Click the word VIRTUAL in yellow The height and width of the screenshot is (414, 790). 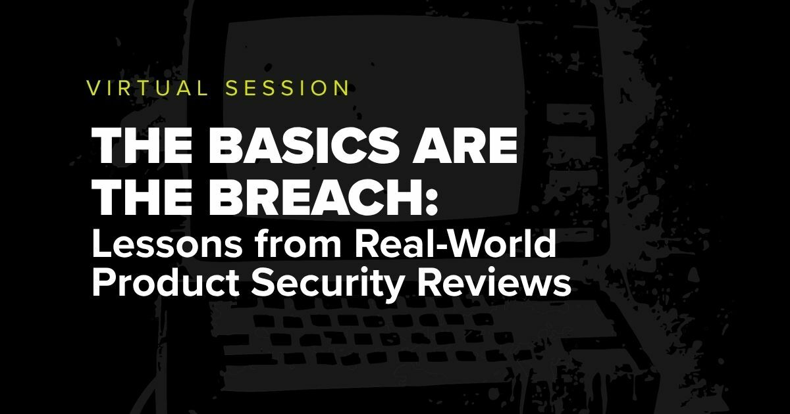point(147,88)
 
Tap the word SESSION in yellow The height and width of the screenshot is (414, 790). point(288,88)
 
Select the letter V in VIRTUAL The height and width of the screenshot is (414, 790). point(93,88)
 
